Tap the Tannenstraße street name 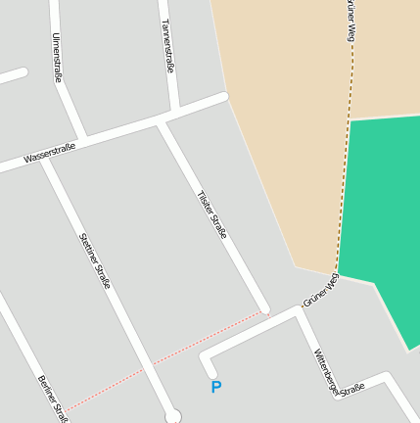(167, 46)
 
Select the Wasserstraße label (50, 154)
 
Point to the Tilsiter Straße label (212, 214)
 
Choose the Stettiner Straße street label (95, 260)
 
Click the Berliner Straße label (52, 394)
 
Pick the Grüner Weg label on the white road (320, 291)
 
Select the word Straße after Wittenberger (352, 389)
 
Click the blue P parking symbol (216, 388)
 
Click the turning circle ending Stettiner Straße (173, 414)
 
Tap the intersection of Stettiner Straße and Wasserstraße (46, 161)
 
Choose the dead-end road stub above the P (207, 363)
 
